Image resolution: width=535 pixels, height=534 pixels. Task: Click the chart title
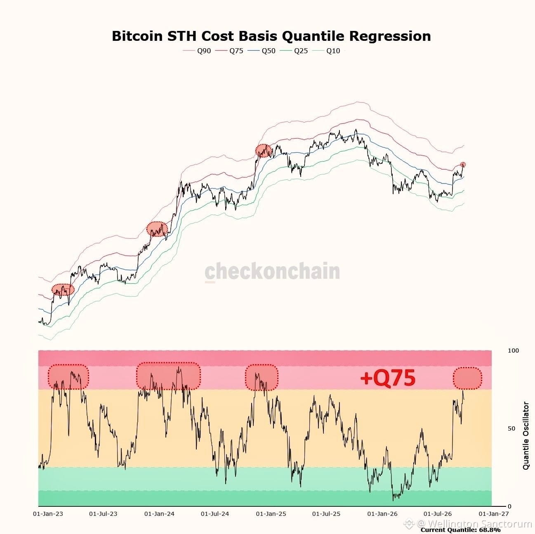pos(271,36)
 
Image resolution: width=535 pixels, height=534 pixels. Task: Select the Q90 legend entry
pos(197,51)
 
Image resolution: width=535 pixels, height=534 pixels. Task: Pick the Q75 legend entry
pos(229,51)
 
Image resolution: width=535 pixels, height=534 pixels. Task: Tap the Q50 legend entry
pos(262,51)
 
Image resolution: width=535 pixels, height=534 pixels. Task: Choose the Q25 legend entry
pos(294,51)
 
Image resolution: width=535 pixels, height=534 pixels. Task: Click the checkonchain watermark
pos(272,271)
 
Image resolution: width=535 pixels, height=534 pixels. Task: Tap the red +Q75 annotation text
pos(388,377)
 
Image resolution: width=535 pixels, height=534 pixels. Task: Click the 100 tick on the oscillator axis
pos(513,351)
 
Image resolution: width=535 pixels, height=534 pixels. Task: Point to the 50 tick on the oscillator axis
pos(511,428)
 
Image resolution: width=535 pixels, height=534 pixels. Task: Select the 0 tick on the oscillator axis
pos(509,506)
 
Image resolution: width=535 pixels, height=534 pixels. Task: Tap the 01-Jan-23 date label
pos(48,514)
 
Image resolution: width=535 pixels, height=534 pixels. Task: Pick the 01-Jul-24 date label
pos(215,514)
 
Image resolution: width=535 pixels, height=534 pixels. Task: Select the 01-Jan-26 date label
pos(382,514)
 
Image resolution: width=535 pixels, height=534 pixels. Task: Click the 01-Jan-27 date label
pos(494,514)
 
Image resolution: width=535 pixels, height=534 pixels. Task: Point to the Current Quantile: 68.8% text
pos(461,530)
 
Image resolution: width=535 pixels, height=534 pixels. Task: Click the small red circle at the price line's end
pos(463,164)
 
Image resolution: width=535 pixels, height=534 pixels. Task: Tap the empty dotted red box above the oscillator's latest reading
pos(467,378)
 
